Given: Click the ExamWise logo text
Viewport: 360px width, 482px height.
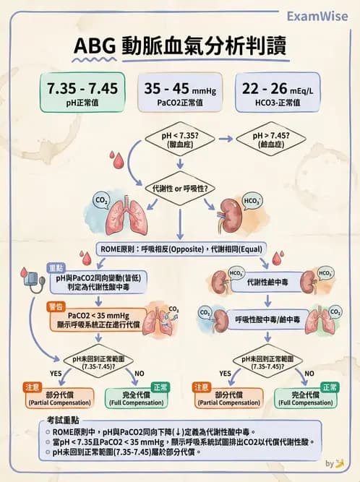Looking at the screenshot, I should point(317,15).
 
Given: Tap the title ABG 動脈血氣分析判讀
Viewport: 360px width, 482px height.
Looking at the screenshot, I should point(180,46).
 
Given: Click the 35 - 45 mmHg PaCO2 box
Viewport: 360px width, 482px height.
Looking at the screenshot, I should point(180,93).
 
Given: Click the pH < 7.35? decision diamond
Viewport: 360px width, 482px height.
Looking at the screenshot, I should point(179,139).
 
